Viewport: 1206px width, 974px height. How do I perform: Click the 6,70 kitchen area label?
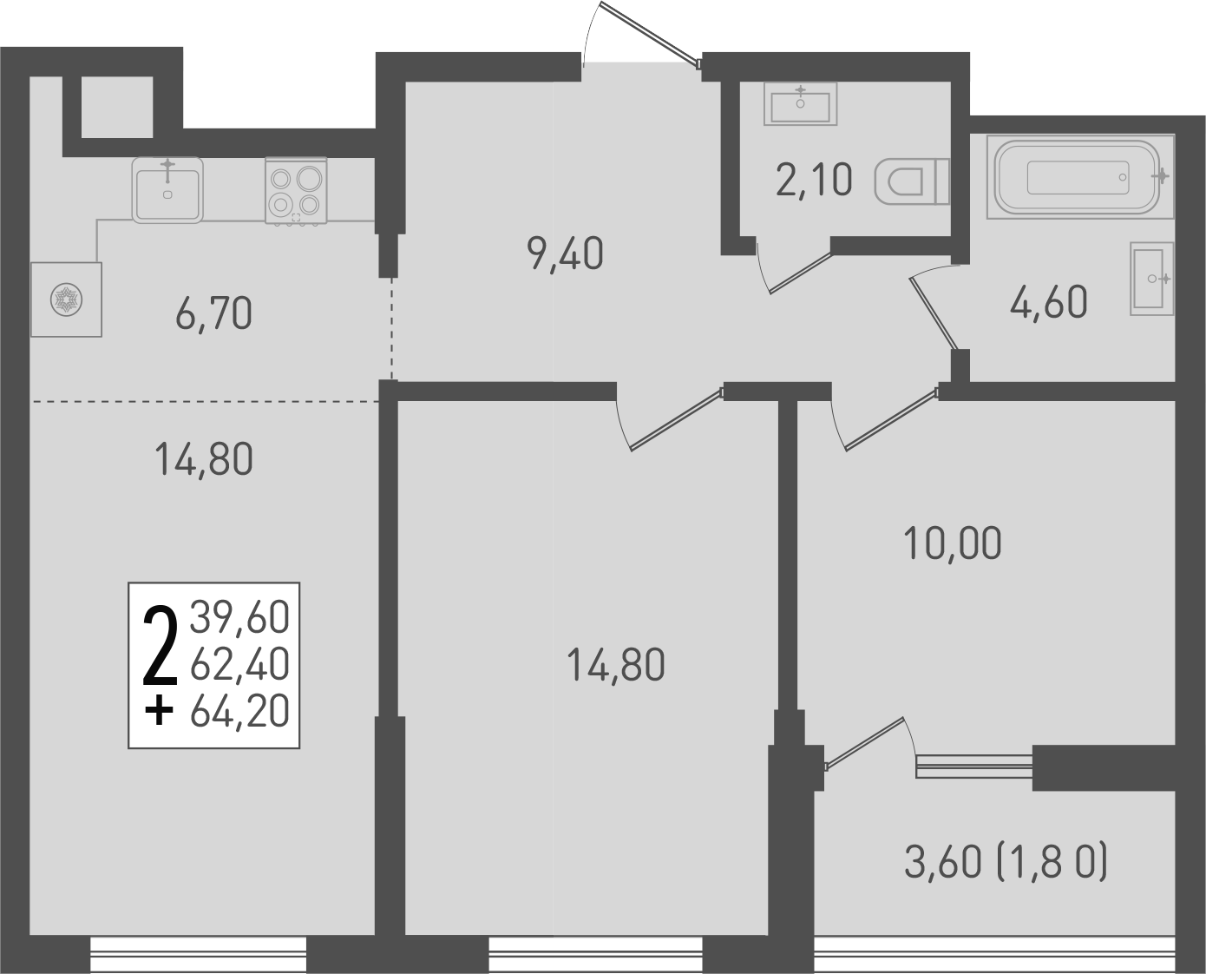[x=213, y=313]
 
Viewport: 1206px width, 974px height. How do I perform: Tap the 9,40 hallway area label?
[x=565, y=254]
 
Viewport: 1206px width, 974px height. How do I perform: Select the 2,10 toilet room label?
[x=814, y=181]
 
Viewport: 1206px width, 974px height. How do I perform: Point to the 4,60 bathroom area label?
[x=1049, y=303]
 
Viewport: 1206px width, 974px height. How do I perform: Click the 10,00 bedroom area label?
[x=953, y=543]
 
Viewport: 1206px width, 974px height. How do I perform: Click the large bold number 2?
[x=159, y=647]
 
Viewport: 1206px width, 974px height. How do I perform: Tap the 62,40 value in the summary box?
[x=239, y=665]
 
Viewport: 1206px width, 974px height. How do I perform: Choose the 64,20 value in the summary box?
[x=239, y=712]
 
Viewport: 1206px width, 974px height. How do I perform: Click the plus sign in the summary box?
[x=158, y=712]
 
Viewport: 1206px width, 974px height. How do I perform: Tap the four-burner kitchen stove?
[x=296, y=192]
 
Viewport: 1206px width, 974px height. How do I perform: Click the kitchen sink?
[x=167, y=189]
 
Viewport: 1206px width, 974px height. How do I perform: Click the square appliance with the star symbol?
[x=67, y=299]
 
